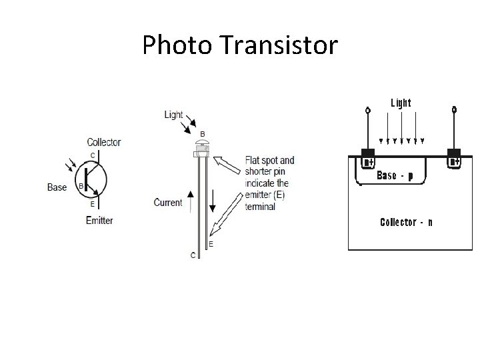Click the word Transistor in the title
277,46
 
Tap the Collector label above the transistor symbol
104,142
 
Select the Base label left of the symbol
57,187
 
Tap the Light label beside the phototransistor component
173,115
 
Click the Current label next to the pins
168,202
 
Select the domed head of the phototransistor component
201,145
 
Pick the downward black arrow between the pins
212,199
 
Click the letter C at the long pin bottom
193,255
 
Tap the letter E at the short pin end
211,245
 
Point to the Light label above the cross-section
401,103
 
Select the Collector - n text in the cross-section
405,222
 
